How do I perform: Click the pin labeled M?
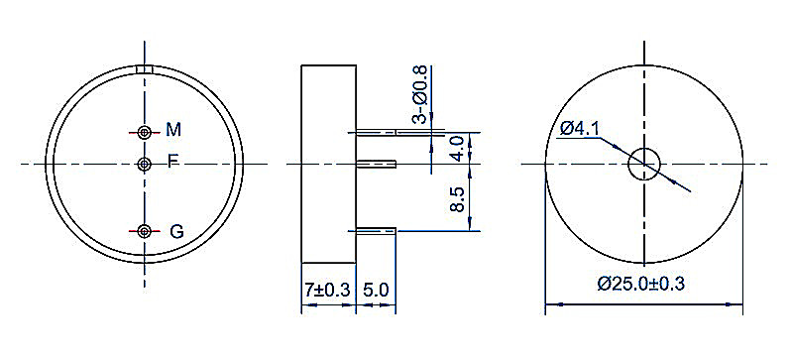145,133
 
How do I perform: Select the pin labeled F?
145,164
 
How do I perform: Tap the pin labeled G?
145,231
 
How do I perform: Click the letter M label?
173,130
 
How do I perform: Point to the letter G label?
176,232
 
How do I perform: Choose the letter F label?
172,162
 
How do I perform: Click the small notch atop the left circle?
145,69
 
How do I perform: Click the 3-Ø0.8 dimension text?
419,94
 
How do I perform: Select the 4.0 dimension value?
458,148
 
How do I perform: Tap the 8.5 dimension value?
458,199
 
